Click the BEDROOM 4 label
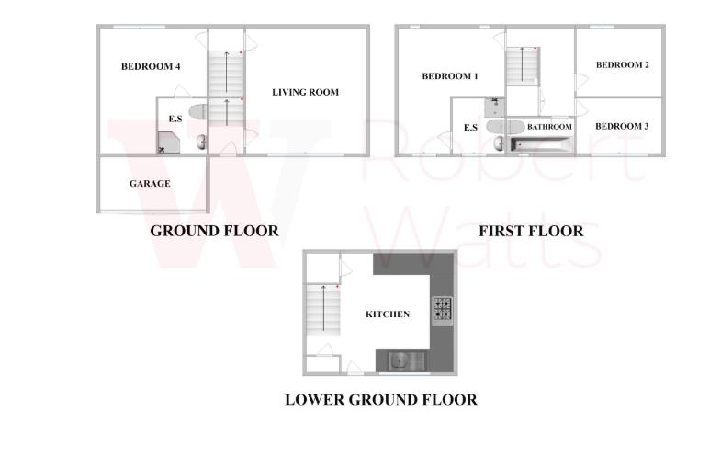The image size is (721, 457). click(151, 66)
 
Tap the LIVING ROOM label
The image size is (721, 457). click(305, 92)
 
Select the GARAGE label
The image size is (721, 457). click(149, 184)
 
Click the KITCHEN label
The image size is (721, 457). click(388, 314)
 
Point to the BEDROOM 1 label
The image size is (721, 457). click(450, 76)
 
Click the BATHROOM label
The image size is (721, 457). click(549, 127)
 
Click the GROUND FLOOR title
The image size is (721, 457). click(214, 231)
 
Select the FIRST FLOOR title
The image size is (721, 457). click(531, 231)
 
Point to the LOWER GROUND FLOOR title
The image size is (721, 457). click(380, 399)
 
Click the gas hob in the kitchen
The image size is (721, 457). click(442, 309)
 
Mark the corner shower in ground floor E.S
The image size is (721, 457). click(167, 142)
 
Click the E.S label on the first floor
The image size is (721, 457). click(470, 128)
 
